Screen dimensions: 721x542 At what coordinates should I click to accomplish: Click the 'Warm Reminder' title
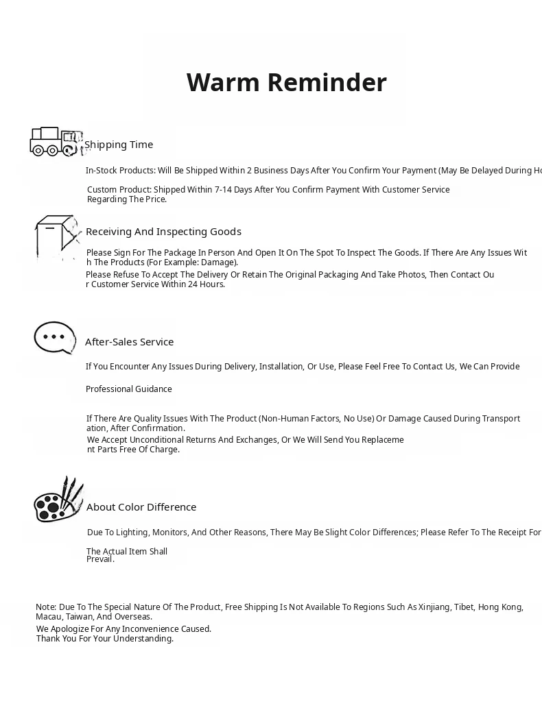coord(286,82)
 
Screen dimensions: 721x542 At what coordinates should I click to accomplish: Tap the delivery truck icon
coord(54,142)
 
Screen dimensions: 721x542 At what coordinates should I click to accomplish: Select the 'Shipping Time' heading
coord(119,145)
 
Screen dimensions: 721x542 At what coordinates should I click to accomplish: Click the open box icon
coord(57,237)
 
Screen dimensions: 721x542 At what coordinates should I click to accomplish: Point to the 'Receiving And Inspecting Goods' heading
coord(163,232)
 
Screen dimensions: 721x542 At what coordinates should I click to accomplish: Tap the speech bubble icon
coord(54,337)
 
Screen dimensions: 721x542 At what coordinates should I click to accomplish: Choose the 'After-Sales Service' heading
coord(129,342)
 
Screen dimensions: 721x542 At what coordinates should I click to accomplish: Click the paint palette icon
coord(58,500)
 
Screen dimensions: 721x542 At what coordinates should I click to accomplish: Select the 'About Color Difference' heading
coord(141,507)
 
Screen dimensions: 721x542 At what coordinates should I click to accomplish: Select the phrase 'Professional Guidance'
coord(129,389)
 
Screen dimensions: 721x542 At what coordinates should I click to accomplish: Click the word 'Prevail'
coord(100,559)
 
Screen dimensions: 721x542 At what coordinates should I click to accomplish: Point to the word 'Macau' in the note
coord(48,617)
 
